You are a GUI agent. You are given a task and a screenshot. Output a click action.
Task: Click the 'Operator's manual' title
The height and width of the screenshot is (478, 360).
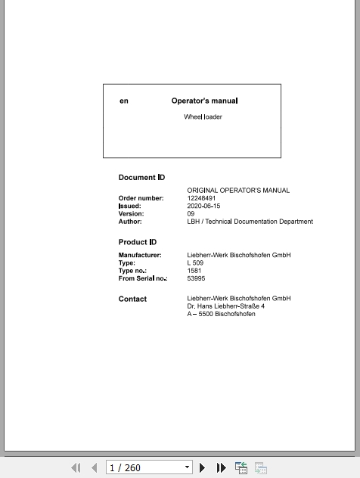pyautogui.click(x=204, y=101)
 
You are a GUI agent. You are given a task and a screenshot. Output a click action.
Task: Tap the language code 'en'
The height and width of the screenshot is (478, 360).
pyautogui.click(x=124, y=101)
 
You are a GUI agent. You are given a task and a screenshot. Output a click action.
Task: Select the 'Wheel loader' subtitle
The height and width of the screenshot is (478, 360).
pyautogui.click(x=203, y=117)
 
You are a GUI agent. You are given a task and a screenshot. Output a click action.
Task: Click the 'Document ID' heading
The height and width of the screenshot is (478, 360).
pyautogui.click(x=141, y=178)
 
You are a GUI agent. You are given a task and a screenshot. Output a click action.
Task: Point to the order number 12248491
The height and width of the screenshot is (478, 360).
pyautogui.click(x=201, y=198)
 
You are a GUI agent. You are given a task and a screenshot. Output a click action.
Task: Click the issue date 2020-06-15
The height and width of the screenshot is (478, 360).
pyautogui.click(x=203, y=206)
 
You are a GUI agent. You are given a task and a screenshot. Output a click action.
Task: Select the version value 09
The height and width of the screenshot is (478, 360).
pyautogui.click(x=191, y=214)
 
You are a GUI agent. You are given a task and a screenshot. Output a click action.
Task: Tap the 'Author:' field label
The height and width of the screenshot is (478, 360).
pyautogui.click(x=130, y=222)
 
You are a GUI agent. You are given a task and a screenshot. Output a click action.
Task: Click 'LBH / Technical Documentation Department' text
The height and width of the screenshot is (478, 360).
pyautogui.click(x=250, y=222)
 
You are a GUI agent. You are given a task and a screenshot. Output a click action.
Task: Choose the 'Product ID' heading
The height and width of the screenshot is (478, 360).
pyautogui.click(x=138, y=242)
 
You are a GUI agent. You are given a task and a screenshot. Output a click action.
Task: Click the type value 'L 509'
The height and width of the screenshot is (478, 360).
pyautogui.click(x=195, y=263)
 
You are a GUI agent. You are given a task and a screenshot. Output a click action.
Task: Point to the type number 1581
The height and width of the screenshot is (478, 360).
pyautogui.click(x=194, y=271)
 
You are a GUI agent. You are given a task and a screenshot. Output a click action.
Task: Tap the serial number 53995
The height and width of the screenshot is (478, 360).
pyautogui.click(x=196, y=278)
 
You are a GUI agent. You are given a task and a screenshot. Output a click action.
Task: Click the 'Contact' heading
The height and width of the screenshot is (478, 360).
pyautogui.click(x=132, y=299)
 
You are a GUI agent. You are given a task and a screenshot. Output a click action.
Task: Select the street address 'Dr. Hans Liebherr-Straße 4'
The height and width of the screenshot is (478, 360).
pyautogui.click(x=225, y=306)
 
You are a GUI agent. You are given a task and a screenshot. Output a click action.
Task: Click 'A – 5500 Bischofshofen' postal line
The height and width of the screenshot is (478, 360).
pyautogui.click(x=221, y=314)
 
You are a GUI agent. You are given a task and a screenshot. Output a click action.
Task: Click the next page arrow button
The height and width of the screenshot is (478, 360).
pyautogui.click(x=203, y=468)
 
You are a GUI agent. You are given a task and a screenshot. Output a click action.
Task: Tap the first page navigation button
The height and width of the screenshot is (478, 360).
pyautogui.click(x=76, y=468)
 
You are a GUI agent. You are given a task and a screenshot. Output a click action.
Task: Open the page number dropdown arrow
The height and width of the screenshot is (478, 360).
pyautogui.click(x=187, y=468)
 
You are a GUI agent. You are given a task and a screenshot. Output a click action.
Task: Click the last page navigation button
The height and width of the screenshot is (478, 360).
pyautogui.click(x=221, y=468)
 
